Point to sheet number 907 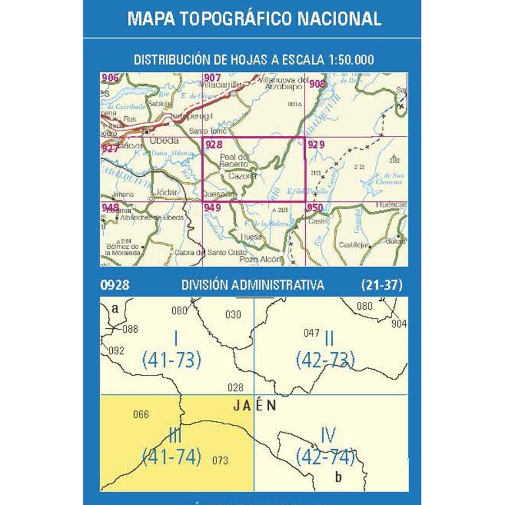[x=213, y=77]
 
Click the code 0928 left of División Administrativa [x=114, y=285]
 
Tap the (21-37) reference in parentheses [x=382, y=285]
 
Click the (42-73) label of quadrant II [x=326, y=359]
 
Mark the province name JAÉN [x=254, y=406]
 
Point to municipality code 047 [x=311, y=333]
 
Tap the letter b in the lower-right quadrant [x=337, y=478]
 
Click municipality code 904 [x=399, y=324]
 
